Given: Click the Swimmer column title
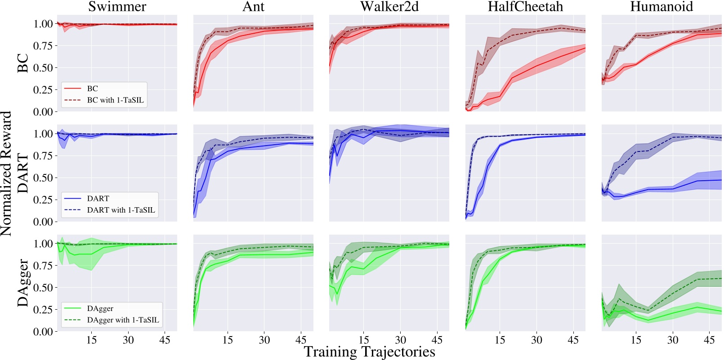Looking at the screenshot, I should (x=117, y=7).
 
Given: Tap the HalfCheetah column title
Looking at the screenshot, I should (x=525, y=7).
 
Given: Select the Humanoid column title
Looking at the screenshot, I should (x=661, y=7).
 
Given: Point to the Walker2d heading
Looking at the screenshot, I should (x=389, y=7).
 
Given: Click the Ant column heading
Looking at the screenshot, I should (x=253, y=7).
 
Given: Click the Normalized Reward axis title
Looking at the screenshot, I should (x=6, y=173).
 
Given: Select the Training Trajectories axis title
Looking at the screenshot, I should (x=369, y=351).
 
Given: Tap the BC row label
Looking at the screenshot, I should (x=23, y=63).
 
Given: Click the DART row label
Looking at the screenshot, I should (x=23, y=173).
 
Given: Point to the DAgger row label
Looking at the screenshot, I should (x=23, y=283).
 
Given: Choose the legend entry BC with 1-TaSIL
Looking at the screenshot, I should (x=115, y=100).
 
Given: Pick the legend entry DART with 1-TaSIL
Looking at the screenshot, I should (x=121, y=210).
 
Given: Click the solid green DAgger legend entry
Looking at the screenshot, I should (x=100, y=308).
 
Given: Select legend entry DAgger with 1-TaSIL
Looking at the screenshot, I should (x=123, y=320).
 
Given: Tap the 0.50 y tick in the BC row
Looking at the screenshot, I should (x=43, y=68).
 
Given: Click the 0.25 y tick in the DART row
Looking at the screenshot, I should (x=43, y=200).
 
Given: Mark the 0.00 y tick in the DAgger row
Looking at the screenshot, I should (x=43, y=332).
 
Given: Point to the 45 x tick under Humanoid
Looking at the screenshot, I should (x=709, y=340).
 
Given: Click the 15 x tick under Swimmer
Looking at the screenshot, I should (x=91, y=340).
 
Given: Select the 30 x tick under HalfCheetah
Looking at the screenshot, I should (x=536, y=340).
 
